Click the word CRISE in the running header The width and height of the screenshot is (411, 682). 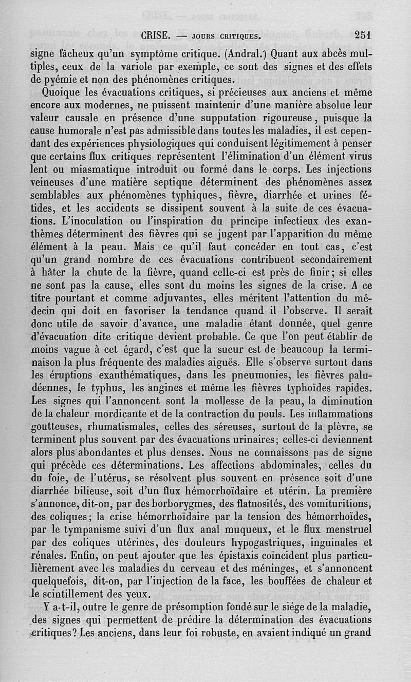click(155, 36)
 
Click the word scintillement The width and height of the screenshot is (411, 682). click(72, 594)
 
